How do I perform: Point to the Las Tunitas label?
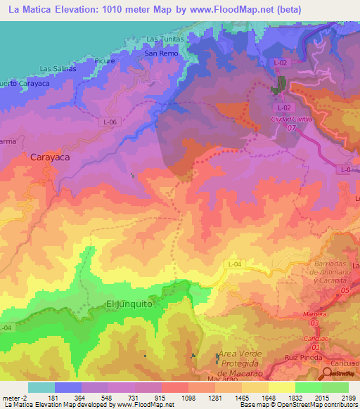click(165, 39)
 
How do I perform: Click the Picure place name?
click(104, 61)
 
